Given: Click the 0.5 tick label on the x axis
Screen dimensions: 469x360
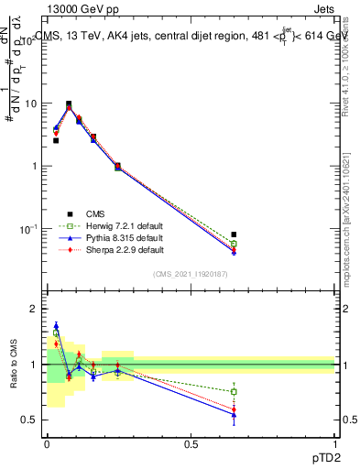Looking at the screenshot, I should [x=191, y=444].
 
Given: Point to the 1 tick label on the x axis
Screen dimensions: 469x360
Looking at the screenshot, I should [x=334, y=444].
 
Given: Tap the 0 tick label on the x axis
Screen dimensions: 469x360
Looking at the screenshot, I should [x=47, y=444].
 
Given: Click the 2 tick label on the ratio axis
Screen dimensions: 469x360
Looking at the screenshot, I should [x=33, y=310].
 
